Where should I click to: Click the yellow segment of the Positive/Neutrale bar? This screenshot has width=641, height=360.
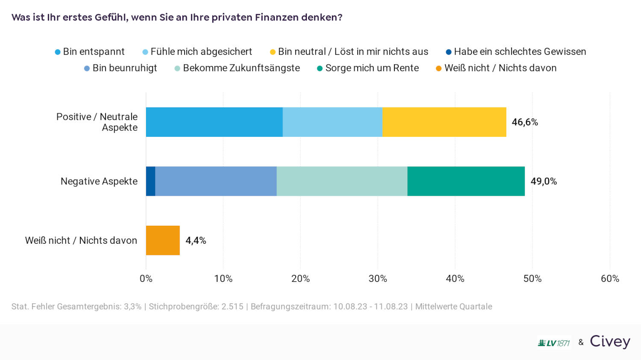click(444, 122)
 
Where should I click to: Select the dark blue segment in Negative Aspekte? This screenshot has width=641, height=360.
click(150, 181)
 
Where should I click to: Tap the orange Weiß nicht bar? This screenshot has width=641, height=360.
click(163, 240)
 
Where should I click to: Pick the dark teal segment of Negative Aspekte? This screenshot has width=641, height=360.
click(466, 181)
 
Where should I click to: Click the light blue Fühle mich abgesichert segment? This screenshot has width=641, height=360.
click(332, 122)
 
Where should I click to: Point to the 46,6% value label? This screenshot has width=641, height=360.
click(525, 122)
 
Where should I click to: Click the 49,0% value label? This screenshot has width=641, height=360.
click(544, 181)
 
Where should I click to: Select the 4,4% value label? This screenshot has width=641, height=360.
click(196, 240)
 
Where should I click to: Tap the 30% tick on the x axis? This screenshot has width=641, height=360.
click(378, 279)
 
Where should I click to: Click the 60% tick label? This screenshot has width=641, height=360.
click(610, 279)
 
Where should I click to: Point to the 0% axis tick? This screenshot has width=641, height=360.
click(146, 279)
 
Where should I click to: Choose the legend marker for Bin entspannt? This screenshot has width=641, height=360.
click(58, 52)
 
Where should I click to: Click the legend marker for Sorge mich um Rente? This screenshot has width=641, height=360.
click(320, 68)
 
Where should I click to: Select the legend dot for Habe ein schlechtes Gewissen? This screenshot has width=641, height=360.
click(449, 52)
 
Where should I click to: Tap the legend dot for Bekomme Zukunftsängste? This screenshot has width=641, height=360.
click(177, 68)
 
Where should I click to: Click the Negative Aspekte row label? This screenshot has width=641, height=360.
click(99, 181)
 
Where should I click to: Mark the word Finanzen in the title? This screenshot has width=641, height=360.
click(276, 18)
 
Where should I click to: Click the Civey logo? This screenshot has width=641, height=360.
click(610, 342)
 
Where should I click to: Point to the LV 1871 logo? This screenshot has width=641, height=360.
click(554, 343)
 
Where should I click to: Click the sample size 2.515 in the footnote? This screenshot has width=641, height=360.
click(232, 307)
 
